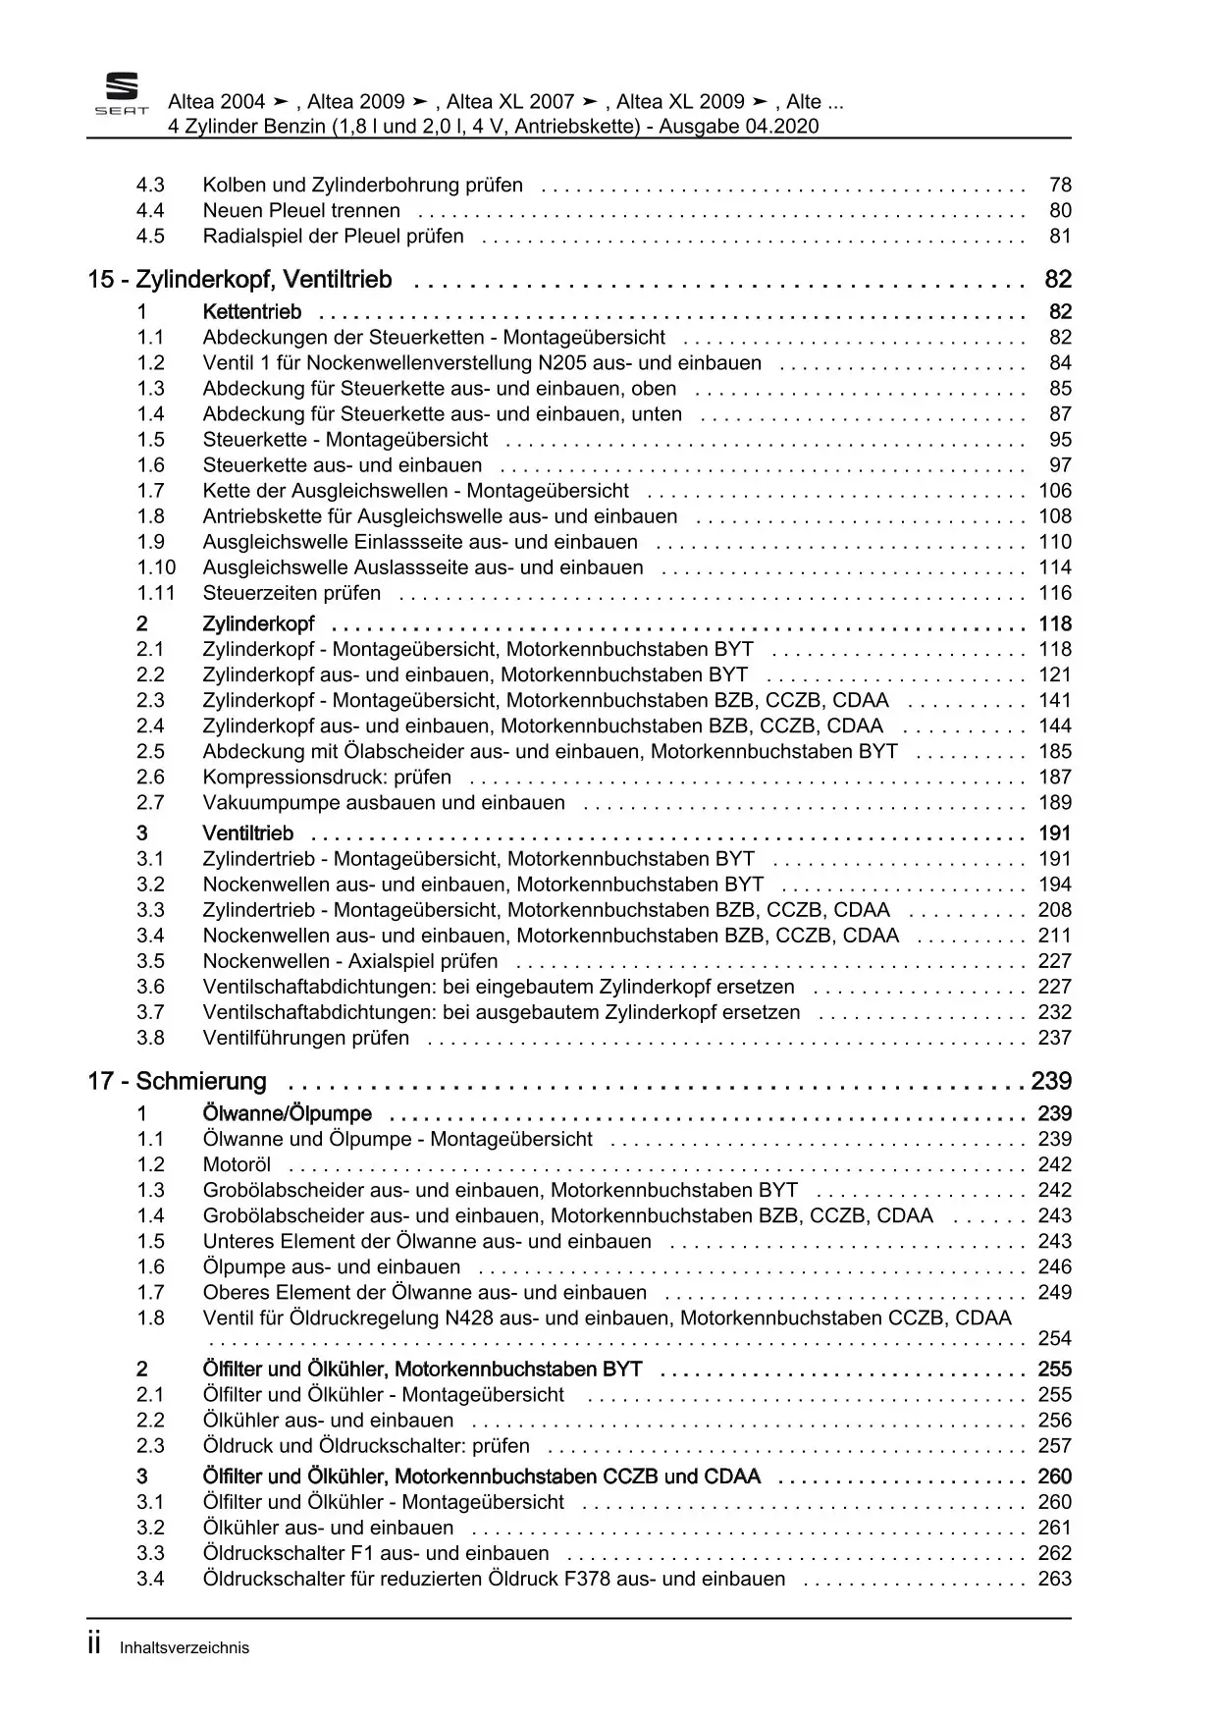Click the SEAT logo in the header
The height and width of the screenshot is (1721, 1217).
(x=122, y=95)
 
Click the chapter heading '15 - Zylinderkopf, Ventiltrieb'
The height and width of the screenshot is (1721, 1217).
(x=239, y=280)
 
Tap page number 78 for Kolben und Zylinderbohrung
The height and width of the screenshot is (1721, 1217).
(x=1060, y=185)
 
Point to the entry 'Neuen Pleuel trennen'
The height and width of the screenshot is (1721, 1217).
(x=301, y=210)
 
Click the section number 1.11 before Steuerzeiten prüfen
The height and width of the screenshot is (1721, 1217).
(x=155, y=593)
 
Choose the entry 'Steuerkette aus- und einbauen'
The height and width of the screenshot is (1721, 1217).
(x=343, y=465)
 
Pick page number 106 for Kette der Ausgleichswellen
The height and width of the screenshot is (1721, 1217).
(x=1055, y=491)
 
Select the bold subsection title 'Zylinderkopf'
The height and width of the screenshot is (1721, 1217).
(x=258, y=624)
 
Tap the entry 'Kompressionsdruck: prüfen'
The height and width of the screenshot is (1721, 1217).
(x=327, y=778)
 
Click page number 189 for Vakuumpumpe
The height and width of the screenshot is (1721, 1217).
(x=1055, y=803)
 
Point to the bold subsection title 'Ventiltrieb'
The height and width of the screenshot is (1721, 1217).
(x=248, y=834)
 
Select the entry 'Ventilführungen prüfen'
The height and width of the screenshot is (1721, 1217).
(x=306, y=1038)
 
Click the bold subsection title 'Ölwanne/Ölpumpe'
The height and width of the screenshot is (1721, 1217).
(x=288, y=1113)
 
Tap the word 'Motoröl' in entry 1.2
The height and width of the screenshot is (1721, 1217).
(x=237, y=1164)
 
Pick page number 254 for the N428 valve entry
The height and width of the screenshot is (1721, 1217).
(x=1055, y=1338)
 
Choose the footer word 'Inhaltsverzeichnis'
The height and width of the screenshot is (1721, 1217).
(x=185, y=1648)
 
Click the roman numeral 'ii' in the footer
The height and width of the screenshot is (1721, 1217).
(x=94, y=1645)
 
